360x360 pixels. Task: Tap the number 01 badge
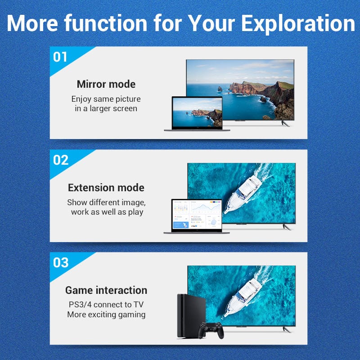(60, 57)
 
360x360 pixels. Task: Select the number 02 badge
(61, 160)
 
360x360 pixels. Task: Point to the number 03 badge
(61, 263)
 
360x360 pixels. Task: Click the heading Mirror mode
(106, 84)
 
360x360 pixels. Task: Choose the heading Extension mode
(106, 188)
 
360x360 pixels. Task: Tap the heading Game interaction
(106, 290)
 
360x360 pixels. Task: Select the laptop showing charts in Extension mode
(197, 216)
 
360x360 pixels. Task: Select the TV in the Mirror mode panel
(240, 90)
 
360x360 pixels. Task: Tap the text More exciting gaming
(106, 315)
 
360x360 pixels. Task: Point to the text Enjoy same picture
(106, 99)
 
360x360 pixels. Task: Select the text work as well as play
(107, 211)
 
